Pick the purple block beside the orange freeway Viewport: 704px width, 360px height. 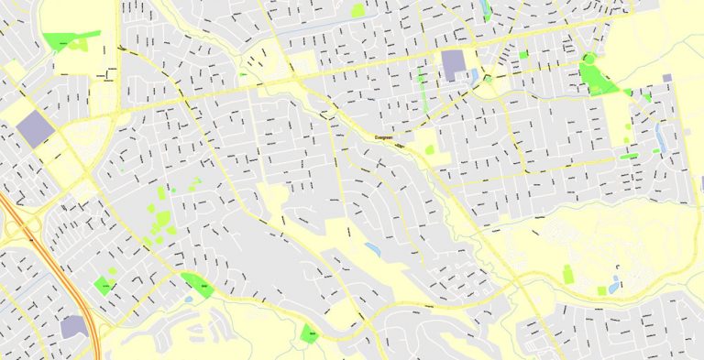pyautogui.click(x=74, y=326)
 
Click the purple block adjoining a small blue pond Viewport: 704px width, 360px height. pyautogui.click(x=453, y=66)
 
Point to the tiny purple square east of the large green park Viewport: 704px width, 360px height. pyautogui.click(x=666, y=78)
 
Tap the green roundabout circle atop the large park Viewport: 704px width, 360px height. pyautogui.click(x=587, y=59)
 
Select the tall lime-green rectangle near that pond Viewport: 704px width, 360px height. pyautogui.click(x=567, y=274)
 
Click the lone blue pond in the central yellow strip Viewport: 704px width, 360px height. pyautogui.click(x=371, y=247)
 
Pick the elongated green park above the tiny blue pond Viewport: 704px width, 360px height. pyautogui.click(x=196, y=284)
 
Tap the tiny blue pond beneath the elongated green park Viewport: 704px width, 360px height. pyautogui.click(x=189, y=299)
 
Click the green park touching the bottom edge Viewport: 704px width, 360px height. pyautogui.click(x=310, y=333)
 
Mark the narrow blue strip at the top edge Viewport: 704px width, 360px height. pyautogui.click(x=486, y=9)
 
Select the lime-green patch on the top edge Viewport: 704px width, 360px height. pyautogui.click(x=357, y=10)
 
